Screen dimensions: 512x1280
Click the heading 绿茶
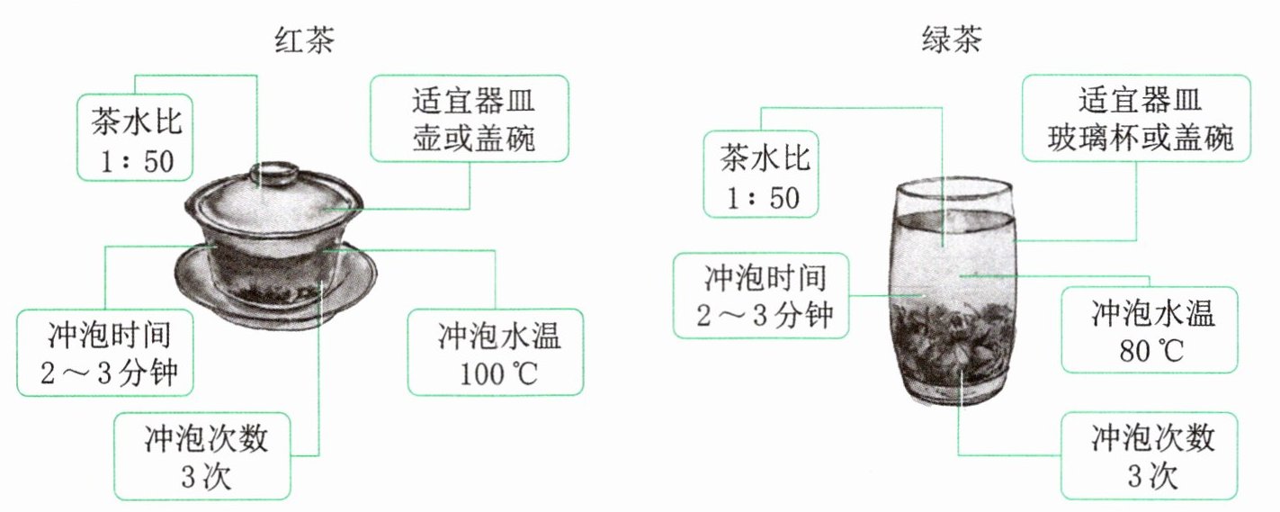coord(953,40)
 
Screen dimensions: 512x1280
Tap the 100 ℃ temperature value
coord(497,373)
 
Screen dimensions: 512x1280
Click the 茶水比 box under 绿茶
coord(761,175)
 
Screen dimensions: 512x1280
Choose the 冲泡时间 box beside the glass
coord(761,294)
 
